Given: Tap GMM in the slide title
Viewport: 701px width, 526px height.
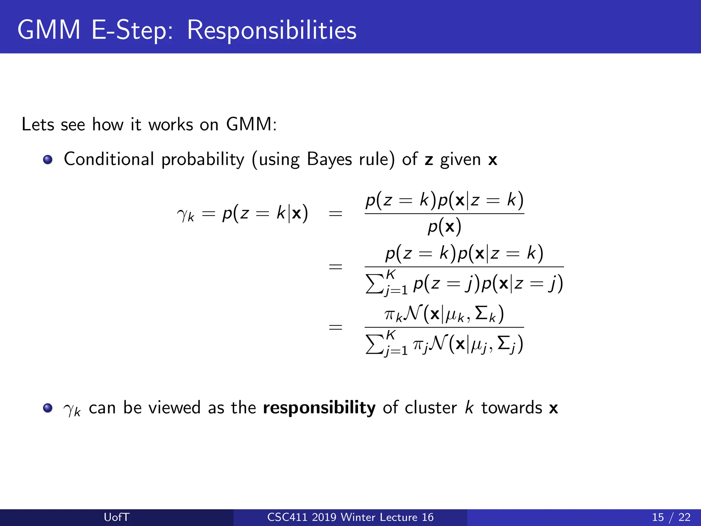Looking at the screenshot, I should pos(49,30).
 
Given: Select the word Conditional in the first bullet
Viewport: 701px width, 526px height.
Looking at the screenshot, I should pos(109,159).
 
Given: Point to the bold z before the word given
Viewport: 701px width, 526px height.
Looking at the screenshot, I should pos(429,160).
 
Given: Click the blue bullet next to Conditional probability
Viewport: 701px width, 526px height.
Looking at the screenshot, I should pos(48,160).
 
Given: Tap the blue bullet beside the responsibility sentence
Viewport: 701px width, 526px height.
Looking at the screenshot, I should pos(48,408).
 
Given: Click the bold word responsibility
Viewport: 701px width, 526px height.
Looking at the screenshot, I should pos(319,408).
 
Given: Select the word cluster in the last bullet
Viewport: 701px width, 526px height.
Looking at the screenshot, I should pos(431,408).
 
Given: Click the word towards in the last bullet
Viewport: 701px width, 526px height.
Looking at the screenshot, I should pos(511,408).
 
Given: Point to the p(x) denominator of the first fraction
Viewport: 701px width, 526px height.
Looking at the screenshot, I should pos(444,227).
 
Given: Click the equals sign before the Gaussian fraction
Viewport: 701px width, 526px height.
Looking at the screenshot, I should pos(335,327).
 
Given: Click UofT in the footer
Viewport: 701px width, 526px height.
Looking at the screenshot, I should pos(116,517).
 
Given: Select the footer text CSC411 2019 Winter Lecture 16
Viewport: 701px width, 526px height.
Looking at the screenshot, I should pos(350,517).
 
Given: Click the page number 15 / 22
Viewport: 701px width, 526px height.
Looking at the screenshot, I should pos(671,517).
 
